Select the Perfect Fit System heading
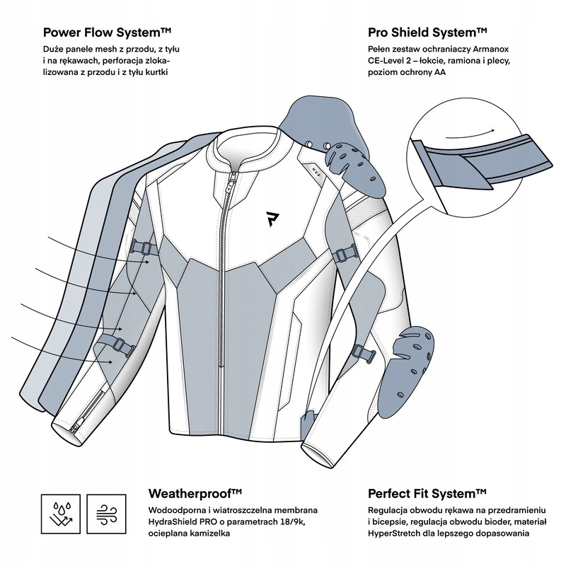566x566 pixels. (437, 494)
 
